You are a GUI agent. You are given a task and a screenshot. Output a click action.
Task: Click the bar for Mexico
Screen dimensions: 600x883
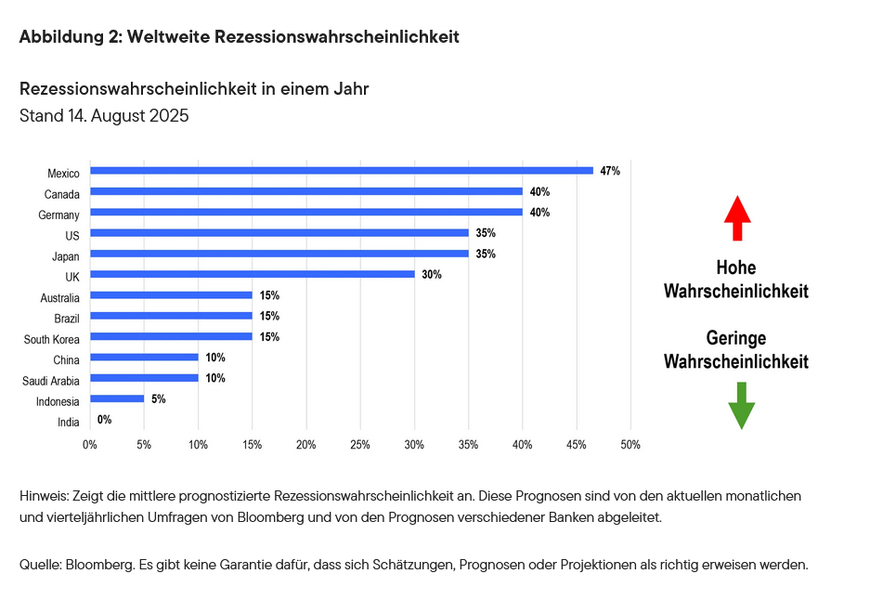pos(341,171)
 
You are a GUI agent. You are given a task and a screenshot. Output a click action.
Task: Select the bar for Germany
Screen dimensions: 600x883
pos(305,212)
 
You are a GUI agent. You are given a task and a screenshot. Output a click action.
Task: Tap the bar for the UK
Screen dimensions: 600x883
pos(252,274)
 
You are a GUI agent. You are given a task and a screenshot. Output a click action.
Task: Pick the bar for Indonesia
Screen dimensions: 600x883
pos(117,398)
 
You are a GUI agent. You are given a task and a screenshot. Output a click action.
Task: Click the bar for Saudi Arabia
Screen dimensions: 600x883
pos(144,378)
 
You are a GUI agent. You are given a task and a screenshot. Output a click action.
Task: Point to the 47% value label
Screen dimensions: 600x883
pos(610,171)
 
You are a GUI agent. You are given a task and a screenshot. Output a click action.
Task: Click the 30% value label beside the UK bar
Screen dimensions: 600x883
pos(431,274)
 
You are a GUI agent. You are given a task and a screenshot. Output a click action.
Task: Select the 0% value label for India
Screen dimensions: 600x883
pos(104,420)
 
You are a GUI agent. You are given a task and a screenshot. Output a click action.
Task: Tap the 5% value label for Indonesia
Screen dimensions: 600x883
pos(159,398)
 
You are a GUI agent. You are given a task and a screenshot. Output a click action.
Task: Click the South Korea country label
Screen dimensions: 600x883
pos(52,339)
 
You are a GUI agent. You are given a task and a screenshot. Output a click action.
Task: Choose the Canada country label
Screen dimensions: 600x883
pos(62,194)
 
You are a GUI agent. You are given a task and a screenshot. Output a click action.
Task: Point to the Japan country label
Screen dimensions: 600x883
pos(65,256)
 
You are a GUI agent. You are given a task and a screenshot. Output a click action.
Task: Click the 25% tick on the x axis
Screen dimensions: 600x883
pos(360,445)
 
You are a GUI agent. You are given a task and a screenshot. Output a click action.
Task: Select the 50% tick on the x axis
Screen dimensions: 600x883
pos(630,445)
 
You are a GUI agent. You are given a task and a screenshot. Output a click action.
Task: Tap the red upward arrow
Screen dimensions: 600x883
pos(737,219)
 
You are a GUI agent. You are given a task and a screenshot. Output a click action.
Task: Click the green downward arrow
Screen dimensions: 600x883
pos(740,405)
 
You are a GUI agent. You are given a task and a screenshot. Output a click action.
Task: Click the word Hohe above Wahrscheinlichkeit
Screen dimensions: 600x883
pos(735,268)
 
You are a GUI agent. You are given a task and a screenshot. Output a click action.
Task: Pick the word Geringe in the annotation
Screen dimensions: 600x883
pos(735,338)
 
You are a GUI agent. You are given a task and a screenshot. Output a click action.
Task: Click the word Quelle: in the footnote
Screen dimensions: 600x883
pos(40,564)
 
